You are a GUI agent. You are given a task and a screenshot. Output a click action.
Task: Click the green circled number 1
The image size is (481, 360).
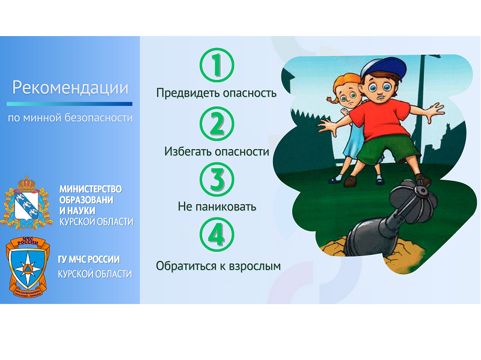217,65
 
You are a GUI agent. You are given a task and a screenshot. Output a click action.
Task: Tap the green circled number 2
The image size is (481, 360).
217,124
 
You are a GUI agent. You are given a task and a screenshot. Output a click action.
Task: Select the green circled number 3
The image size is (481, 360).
217,179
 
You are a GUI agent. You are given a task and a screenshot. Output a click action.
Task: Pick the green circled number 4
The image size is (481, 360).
217,234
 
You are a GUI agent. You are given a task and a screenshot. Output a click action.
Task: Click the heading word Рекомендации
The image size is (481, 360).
70,88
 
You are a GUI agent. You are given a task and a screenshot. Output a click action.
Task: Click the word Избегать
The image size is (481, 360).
188,151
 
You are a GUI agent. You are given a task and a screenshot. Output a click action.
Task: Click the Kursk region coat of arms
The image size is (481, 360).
26,203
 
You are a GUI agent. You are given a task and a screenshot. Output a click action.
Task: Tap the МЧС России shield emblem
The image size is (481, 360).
28,266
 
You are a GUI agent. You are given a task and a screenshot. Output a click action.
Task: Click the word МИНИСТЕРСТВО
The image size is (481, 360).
91,189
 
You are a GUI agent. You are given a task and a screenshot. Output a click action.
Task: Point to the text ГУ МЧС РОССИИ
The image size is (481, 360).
88,260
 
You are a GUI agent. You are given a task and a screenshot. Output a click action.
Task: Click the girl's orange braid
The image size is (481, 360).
332,100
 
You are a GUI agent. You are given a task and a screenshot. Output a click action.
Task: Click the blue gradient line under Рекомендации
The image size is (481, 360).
69,104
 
